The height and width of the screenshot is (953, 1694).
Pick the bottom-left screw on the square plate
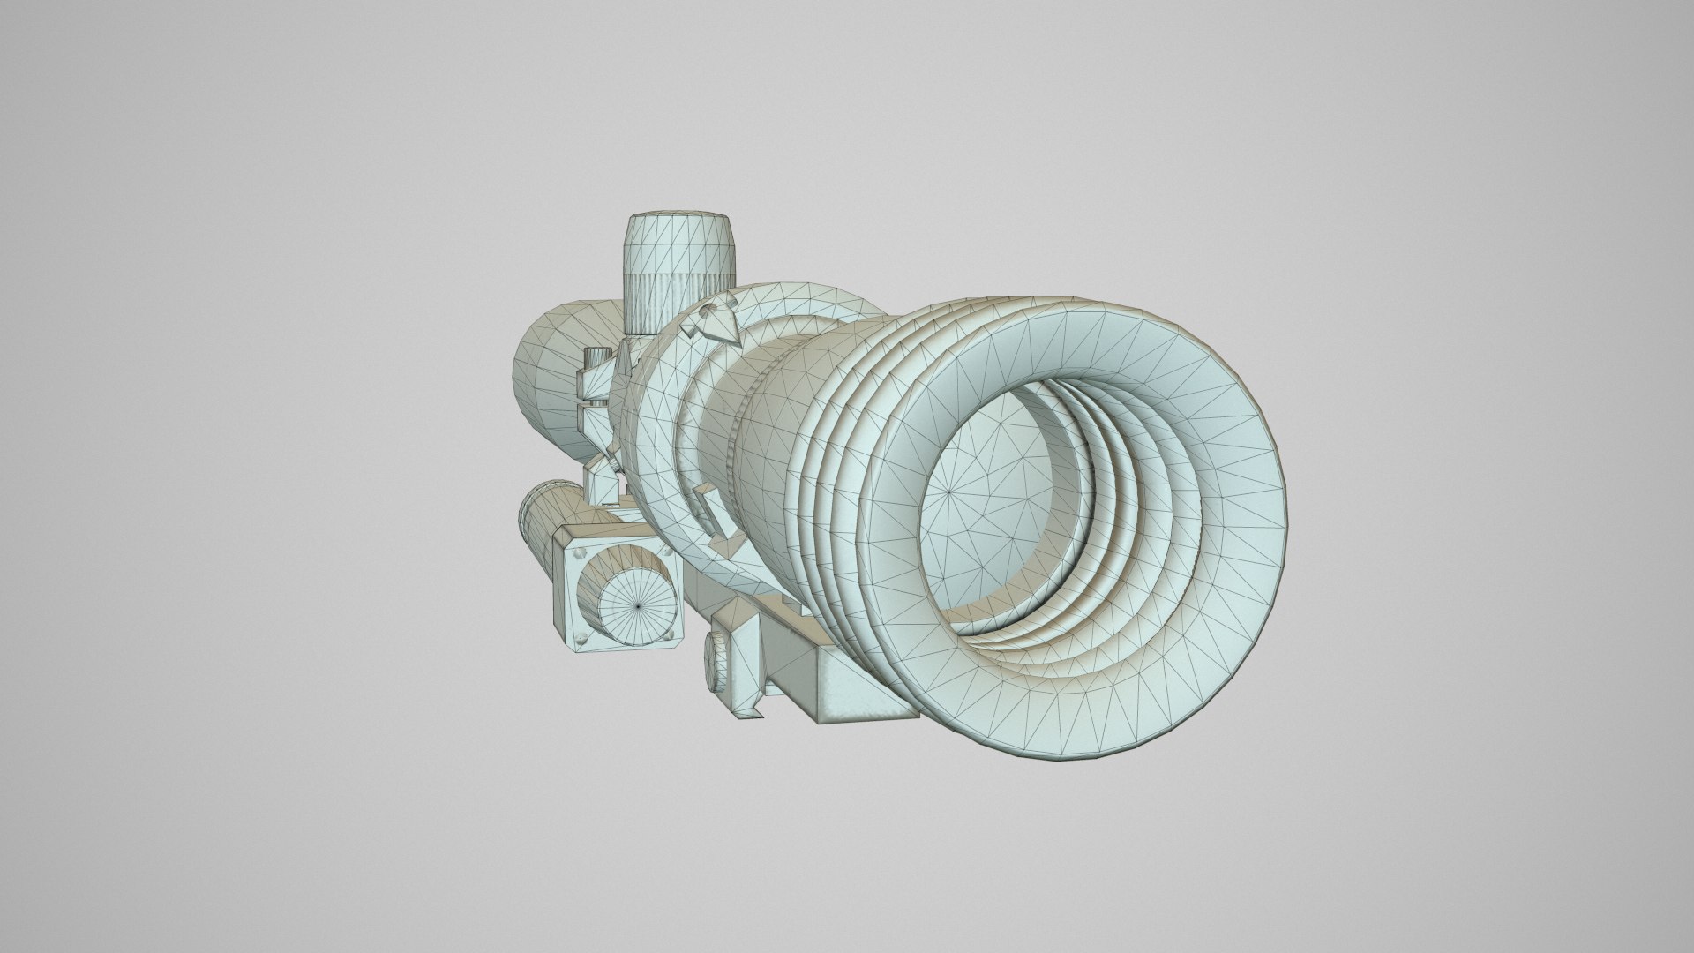pyautogui.click(x=579, y=637)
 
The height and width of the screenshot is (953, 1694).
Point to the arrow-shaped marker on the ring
pyautogui.click(x=713, y=321)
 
